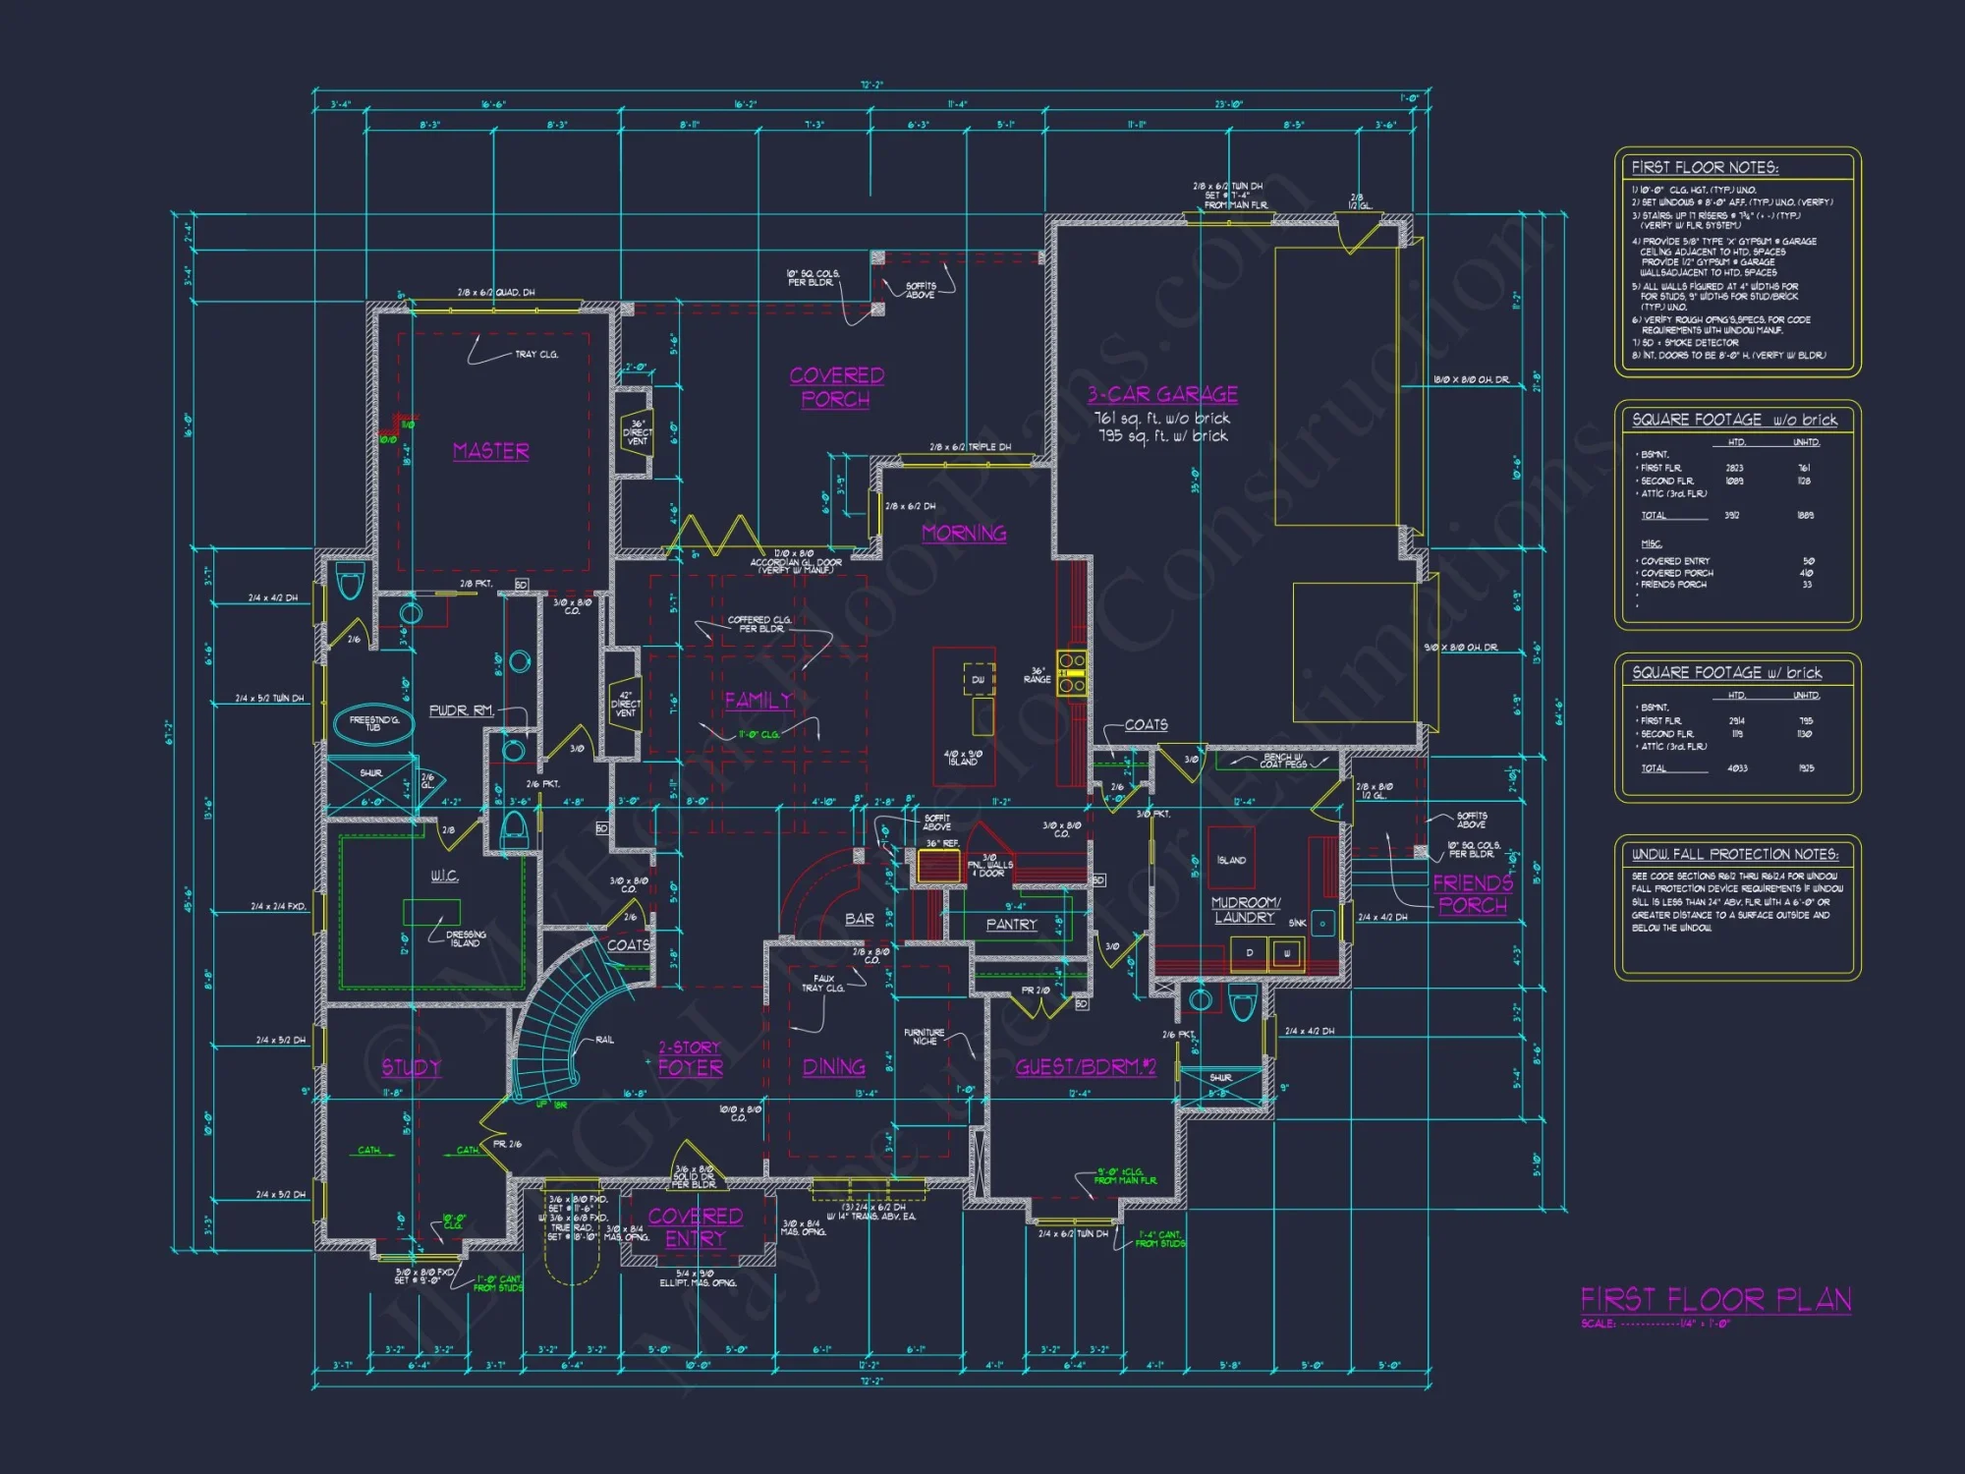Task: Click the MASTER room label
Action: tap(491, 451)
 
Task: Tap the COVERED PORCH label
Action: tap(837, 387)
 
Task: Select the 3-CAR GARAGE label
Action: tap(1162, 395)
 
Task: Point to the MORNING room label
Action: tap(964, 534)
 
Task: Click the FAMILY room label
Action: tap(758, 701)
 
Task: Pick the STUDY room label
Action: tap(412, 1067)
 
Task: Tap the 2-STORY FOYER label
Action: tap(691, 1058)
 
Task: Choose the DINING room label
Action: tap(834, 1067)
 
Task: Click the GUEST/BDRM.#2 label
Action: tap(1086, 1067)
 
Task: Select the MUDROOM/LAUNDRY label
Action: tap(1245, 910)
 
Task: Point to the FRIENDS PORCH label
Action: tap(1473, 893)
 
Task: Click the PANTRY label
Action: tap(1012, 925)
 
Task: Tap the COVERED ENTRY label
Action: tap(696, 1227)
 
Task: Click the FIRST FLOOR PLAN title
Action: tap(1715, 1300)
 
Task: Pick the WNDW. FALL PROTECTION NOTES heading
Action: tap(1734, 854)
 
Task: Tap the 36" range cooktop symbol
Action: tap(1072, 673)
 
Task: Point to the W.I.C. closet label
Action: tap(445, 876)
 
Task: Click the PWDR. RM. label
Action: tap(461, 710)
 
